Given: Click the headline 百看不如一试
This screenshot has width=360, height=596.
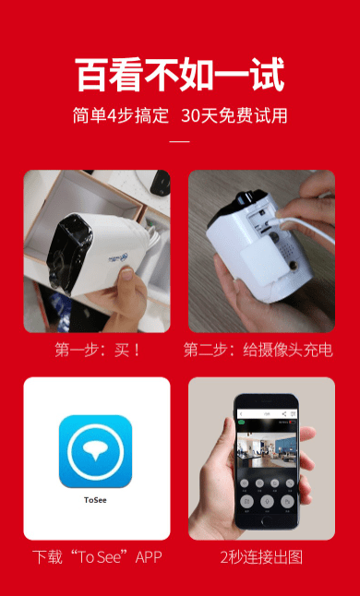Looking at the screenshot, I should point(180,75).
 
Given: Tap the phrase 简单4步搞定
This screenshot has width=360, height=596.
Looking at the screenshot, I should point(121,116).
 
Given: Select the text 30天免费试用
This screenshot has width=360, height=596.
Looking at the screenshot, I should point(234,116).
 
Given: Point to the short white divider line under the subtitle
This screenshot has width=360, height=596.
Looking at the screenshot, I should point(180,142).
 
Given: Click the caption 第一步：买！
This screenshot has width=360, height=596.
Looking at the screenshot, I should point(98,350).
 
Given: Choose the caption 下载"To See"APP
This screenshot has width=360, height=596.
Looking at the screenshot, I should point(97,557).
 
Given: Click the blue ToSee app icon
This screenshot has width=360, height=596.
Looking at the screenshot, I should point(96,451).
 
